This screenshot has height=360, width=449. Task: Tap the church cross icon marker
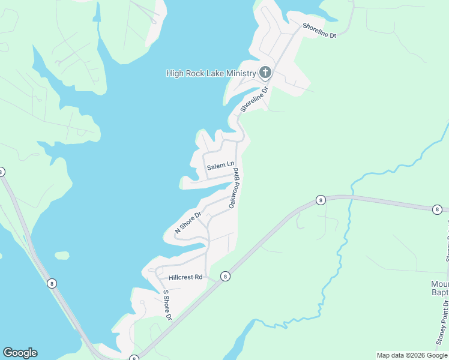(x=265, y=73)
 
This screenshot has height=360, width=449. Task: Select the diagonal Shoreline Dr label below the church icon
(x=252, y=97)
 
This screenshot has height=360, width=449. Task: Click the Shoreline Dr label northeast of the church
(x=319, y=31)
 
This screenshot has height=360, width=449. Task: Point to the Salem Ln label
(x=220, y=166)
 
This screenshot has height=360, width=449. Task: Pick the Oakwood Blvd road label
(x=237, y=188)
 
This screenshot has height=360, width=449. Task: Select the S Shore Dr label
(x=168, y=305)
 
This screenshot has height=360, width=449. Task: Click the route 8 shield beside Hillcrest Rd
(x=225, y=276)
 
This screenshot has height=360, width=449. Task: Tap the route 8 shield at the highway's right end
(x=437, y=209)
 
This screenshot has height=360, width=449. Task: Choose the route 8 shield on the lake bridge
(x=53, y=283)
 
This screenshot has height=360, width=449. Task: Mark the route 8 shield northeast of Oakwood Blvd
(x=321, y=200)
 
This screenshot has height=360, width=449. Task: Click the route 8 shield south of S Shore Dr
(x=133, y=358)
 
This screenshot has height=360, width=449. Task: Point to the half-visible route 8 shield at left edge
(x=2, y=172)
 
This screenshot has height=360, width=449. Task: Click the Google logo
(x=20, y=353)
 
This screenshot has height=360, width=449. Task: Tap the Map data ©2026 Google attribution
(x=412, y=355)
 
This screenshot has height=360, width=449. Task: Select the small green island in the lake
(x=62, y=256)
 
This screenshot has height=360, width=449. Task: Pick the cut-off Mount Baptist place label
(x=439, y=288)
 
